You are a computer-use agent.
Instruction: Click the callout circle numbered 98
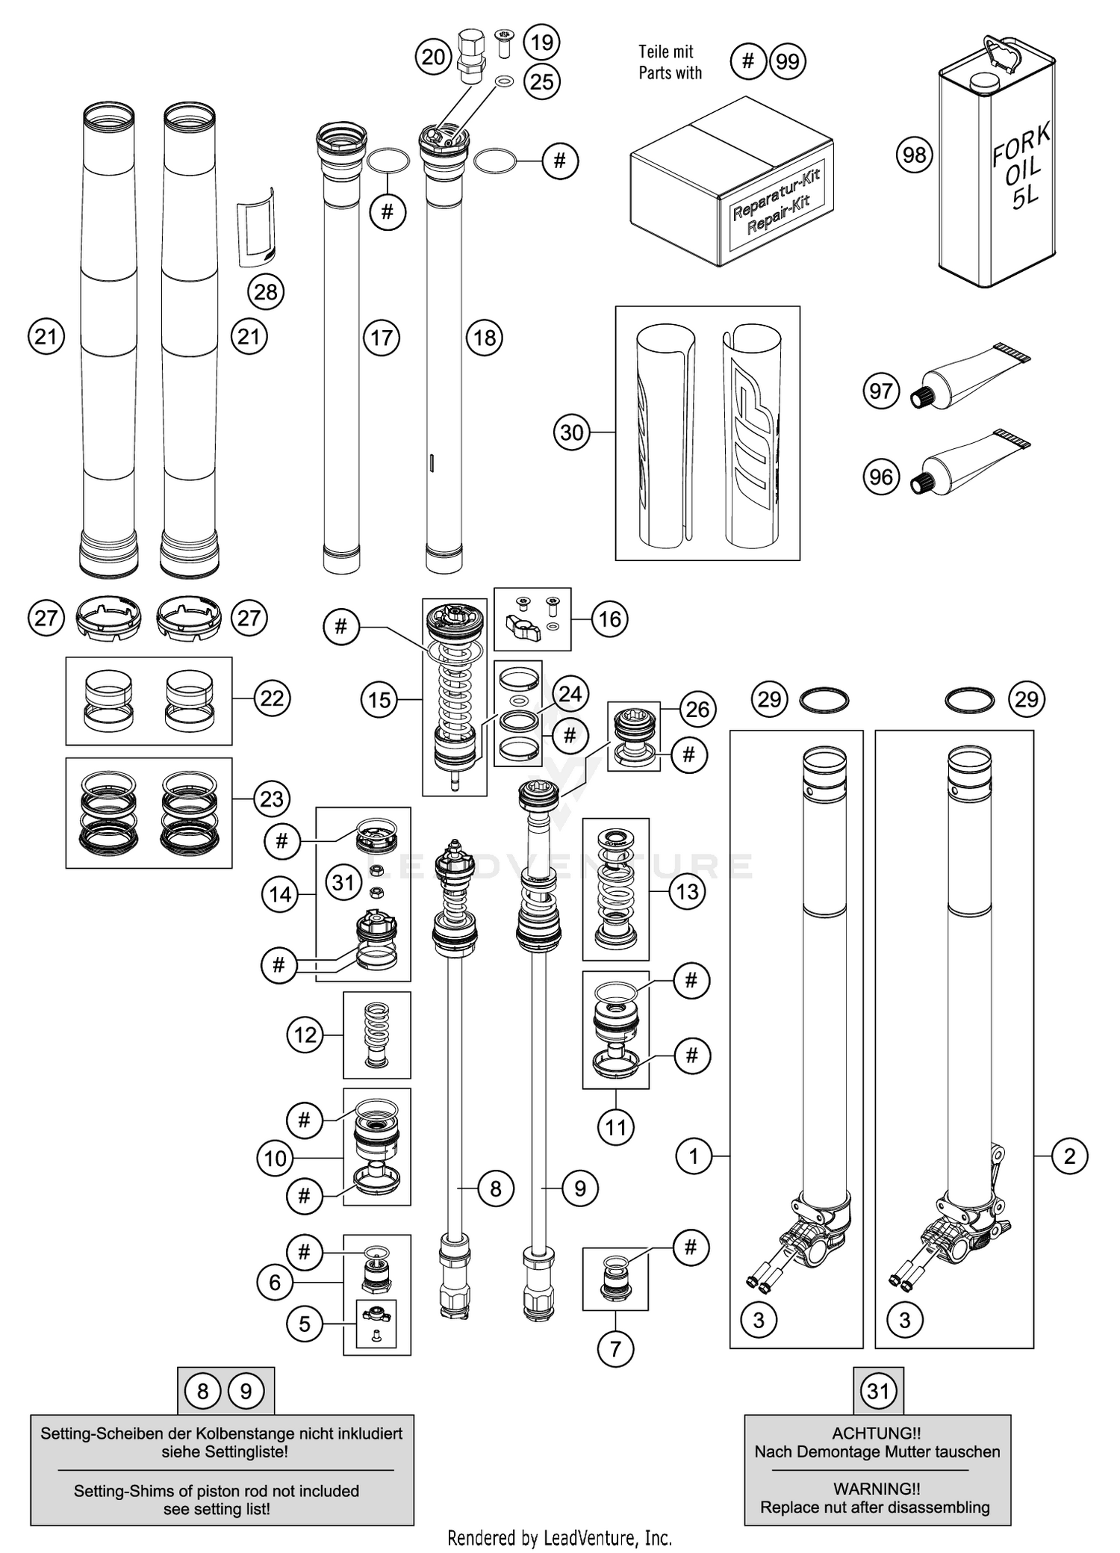(x=914, y=155)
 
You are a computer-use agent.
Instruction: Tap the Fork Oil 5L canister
(x=997, y=164)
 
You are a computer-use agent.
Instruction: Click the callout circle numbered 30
(x=571, y=433)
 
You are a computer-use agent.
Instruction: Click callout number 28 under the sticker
(x=265, y=292)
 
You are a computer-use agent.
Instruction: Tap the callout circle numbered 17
(x=382, y=338)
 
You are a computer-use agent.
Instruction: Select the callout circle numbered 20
(x=434, y=58)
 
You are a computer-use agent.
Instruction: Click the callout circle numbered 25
(x=542, y=81)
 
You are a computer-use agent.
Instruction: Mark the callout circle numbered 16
(x=609, y=619)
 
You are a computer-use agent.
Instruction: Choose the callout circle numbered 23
(x=271, y=799)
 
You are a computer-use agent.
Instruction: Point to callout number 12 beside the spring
(x=305, y=1035)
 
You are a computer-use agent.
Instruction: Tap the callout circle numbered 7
(x=615, y=1348)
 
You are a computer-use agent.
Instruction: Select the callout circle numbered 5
(x=305, y=1324)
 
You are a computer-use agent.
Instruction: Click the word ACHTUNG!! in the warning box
(x=876, y=1433)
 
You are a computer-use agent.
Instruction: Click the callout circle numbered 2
(x=1069, y=1156)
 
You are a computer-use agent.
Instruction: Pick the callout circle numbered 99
(x=787, y=61)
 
